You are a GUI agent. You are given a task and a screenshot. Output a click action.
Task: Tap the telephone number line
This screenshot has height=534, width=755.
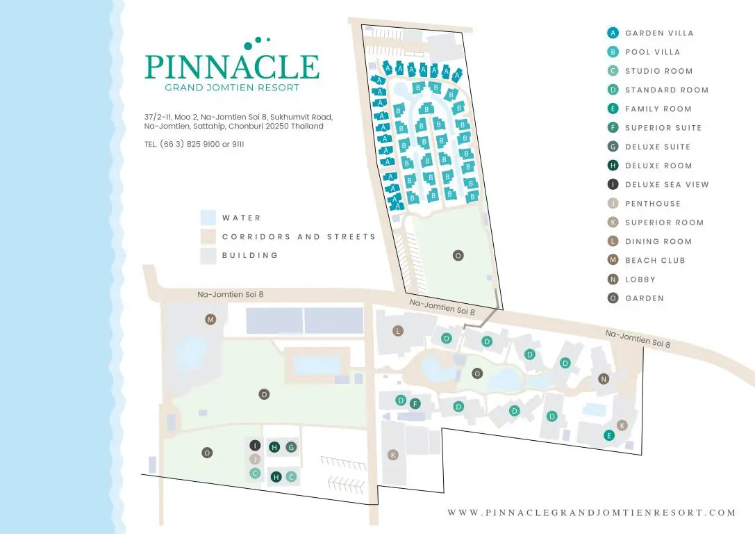194,144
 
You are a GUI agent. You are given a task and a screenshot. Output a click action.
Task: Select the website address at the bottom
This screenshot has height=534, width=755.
592,512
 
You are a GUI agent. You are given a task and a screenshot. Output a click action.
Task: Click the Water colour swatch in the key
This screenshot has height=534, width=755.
208,218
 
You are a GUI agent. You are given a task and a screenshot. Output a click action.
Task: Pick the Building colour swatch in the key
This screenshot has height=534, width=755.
208,256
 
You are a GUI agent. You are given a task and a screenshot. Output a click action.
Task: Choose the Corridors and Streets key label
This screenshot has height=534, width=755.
299,236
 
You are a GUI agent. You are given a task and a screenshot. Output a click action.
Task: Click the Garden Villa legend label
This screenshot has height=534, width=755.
659,33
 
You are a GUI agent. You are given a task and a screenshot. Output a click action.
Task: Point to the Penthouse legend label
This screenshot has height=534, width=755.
653,204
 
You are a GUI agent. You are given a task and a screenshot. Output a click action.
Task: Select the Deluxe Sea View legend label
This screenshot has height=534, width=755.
667,184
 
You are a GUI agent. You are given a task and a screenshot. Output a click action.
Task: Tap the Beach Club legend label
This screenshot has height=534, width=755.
655,260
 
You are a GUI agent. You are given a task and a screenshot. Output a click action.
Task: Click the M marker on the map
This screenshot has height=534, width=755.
210,319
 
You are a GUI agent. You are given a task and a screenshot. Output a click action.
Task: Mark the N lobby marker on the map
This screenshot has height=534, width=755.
604,379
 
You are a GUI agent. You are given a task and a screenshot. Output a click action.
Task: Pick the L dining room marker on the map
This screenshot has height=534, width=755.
398,330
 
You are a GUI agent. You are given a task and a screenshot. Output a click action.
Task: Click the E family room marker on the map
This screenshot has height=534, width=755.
609,436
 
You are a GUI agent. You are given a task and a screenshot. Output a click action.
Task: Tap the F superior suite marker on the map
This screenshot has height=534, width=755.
415,404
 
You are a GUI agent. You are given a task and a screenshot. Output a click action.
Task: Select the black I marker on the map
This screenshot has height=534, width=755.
255,445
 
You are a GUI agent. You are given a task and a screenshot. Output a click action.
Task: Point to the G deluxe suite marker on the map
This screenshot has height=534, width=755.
291,447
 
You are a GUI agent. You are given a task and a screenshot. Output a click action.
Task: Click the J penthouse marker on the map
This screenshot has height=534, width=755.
255,460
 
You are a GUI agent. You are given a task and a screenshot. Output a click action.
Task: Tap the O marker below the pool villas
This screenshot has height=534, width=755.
458,255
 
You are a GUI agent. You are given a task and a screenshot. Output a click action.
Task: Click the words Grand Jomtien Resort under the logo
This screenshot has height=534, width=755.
232,88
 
